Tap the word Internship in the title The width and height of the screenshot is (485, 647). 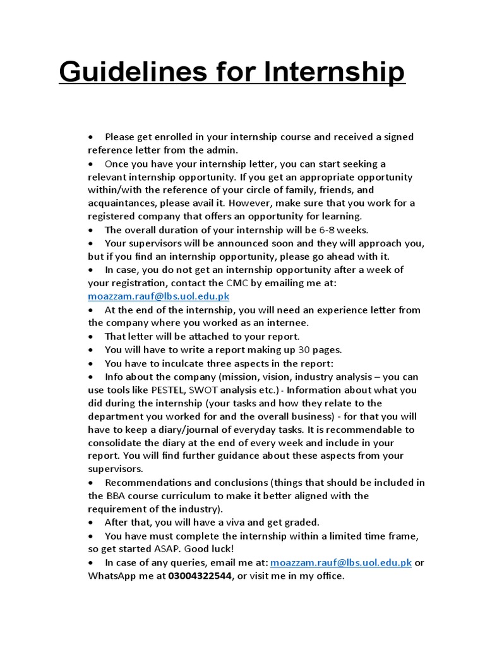click(334, 72)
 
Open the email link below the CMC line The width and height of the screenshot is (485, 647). click(159, 296)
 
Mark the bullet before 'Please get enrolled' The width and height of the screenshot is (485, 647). click(92, 137)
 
